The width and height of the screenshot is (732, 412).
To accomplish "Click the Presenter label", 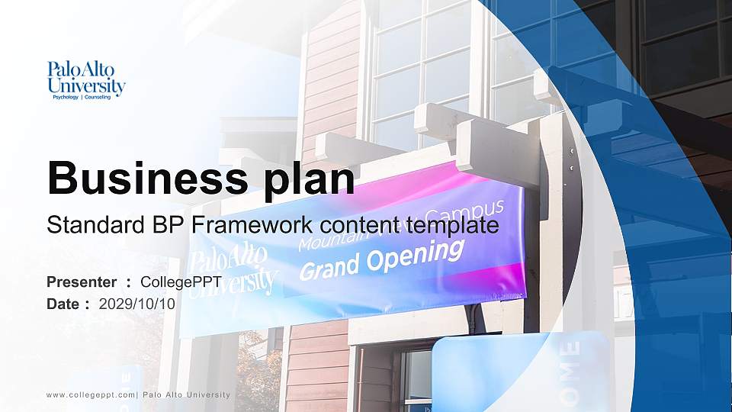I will pos(82,282).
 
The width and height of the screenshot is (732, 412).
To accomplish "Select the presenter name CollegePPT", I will pos(181,282).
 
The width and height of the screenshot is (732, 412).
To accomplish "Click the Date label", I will pos(64,304).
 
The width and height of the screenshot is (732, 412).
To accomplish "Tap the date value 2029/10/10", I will pos(137,304).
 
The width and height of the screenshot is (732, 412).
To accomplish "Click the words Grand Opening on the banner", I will pos(381,259).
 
